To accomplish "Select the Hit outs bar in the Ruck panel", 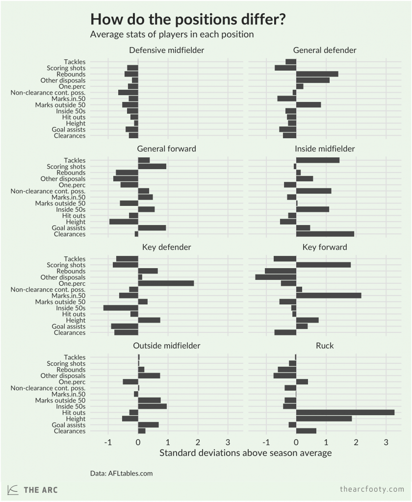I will (x=345, y=412).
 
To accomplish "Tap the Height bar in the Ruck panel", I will (x=324, y=419).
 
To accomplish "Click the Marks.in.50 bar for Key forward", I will (x=328, y=296).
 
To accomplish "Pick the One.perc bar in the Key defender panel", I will (x=166, y=283).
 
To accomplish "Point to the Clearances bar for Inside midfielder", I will (x=325, y=234).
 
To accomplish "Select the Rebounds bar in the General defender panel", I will (x=317, y=74).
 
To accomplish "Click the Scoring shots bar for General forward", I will (x=152, y=166).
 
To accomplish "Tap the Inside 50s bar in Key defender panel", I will (x=121, y=308).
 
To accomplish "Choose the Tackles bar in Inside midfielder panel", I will (x=317, y=160).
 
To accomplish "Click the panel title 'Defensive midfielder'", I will (x=166, y=50).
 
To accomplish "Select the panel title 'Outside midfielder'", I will (x=166, y=346).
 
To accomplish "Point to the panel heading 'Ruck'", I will (x=325, y=346).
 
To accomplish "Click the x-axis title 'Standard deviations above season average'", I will (x=245, y=453).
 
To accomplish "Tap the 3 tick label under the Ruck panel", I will (x=386, y=443).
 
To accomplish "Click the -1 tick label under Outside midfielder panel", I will (x=108, y=443).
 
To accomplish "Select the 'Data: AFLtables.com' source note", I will (x=122, y=473).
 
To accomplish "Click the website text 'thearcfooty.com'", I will (x=372, y=489).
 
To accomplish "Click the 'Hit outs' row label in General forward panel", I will (x=74, y=216).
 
